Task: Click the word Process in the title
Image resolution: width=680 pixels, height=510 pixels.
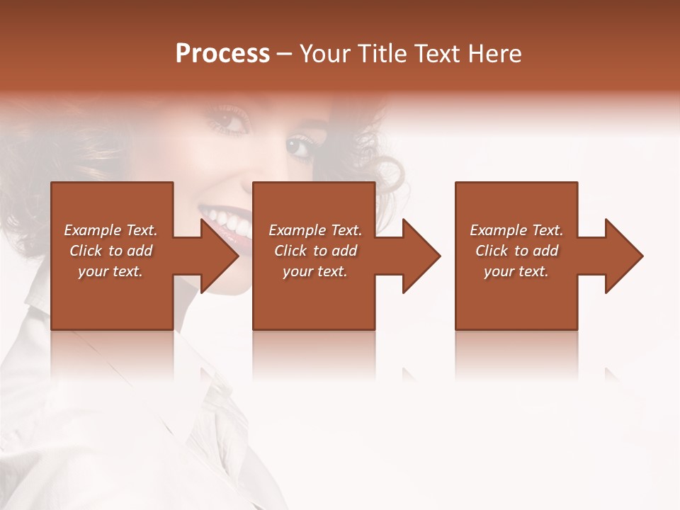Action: tap(222, 54)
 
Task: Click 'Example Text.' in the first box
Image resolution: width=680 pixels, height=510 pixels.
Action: tap(110, 230)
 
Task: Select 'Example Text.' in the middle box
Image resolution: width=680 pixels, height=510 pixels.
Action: tap(314, 230)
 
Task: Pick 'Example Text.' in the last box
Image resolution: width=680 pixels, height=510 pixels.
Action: tap(516, 230)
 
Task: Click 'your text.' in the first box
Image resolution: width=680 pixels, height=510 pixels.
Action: tap(110, 271)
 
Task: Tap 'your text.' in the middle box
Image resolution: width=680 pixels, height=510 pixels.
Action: tap(314, 271)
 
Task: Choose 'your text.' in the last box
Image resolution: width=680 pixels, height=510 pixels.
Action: tap(516, 271)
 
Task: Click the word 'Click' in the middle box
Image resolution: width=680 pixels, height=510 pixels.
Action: tap(290, 251)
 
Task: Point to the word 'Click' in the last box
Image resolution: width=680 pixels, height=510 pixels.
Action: tap(492, 251)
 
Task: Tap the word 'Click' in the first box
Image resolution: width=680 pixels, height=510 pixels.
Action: tap(86, 251)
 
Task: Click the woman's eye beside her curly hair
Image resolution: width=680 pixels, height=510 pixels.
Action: tap(299, 147)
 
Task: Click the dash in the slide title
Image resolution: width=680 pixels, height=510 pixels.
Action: tap(285, 55)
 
